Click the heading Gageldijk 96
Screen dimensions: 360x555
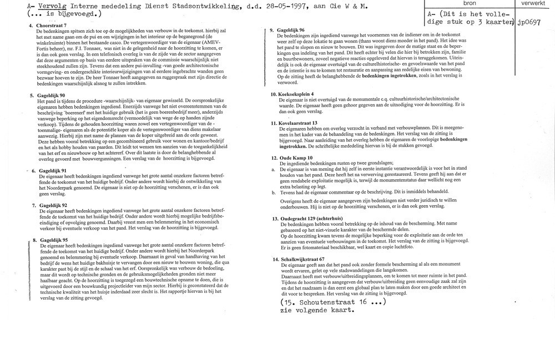tap(295, 29)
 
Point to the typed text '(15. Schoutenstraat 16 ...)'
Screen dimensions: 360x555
tap(331, 303)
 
